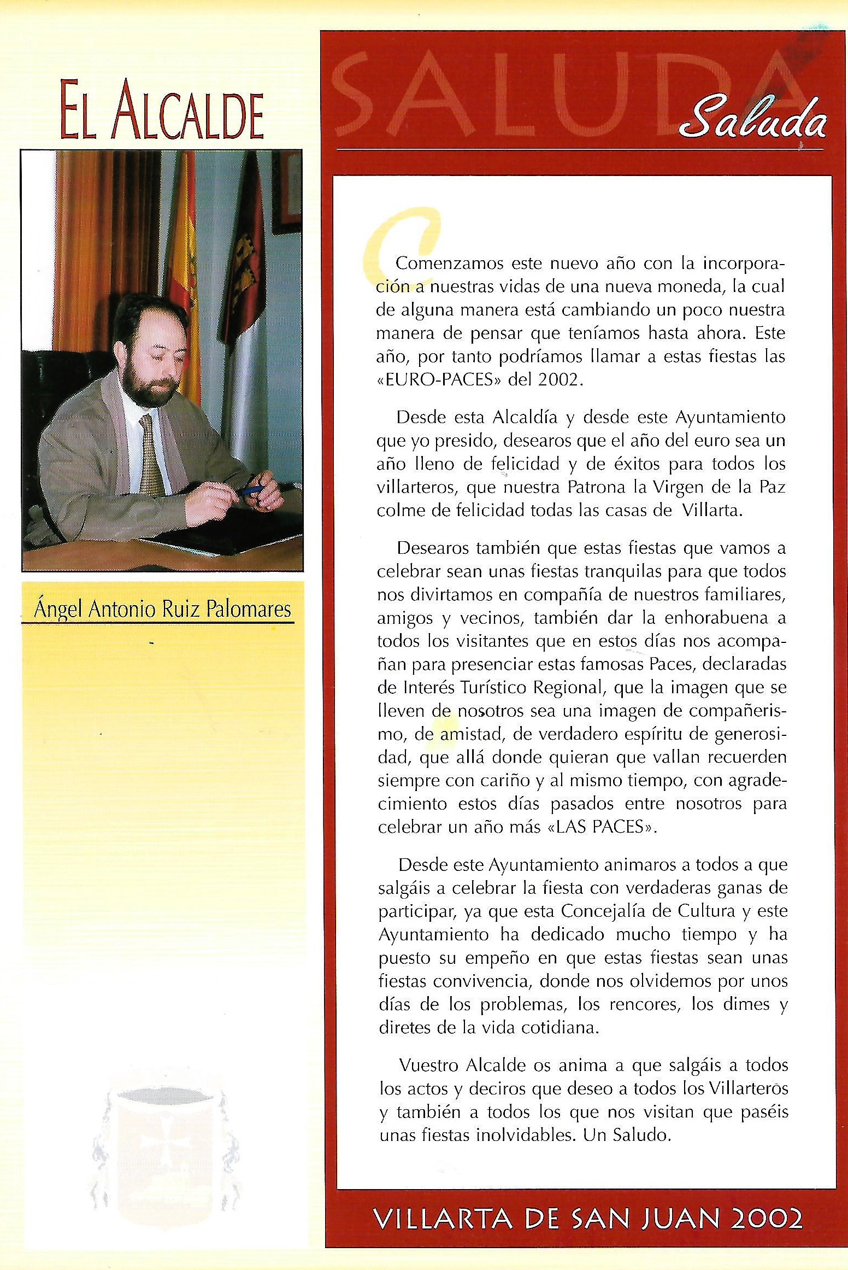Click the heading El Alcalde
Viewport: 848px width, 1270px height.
[x=162, y=111]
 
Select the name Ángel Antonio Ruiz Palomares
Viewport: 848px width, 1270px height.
[x=162, y=609]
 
